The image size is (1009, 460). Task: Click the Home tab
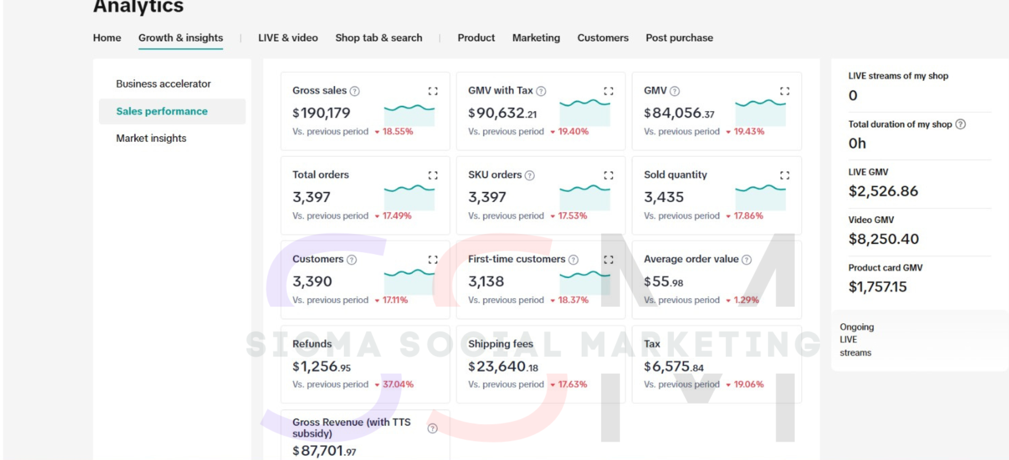coord(107,38)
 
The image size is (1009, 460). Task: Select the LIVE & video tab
coord(288,38)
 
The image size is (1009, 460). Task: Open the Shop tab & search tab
coord(378,38)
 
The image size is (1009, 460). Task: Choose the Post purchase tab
coord(679,38)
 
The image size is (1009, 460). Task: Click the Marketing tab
coord(536,38)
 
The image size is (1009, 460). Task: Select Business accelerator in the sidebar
coord(163,84)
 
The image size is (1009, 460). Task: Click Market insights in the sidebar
coord(151,138)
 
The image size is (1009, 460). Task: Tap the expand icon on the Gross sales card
coord(433,91)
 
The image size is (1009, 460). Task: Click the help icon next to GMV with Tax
coord(541,91)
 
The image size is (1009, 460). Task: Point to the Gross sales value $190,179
coord(321,113)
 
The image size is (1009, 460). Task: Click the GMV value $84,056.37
coord(679,113)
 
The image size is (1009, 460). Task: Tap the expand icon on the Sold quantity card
coord(785,175)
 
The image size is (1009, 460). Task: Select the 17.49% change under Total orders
coord(397,216)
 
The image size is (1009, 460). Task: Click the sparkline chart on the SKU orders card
coord(584,197)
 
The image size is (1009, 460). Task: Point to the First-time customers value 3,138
coord(486,282)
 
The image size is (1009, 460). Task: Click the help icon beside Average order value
coord(747,259)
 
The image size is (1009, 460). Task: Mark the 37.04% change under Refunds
coord(398,384)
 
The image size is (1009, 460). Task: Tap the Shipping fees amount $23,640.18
coord(503,366)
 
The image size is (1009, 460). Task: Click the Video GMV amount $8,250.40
coord(884,239)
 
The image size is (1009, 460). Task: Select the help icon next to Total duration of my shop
coord(961,124)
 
